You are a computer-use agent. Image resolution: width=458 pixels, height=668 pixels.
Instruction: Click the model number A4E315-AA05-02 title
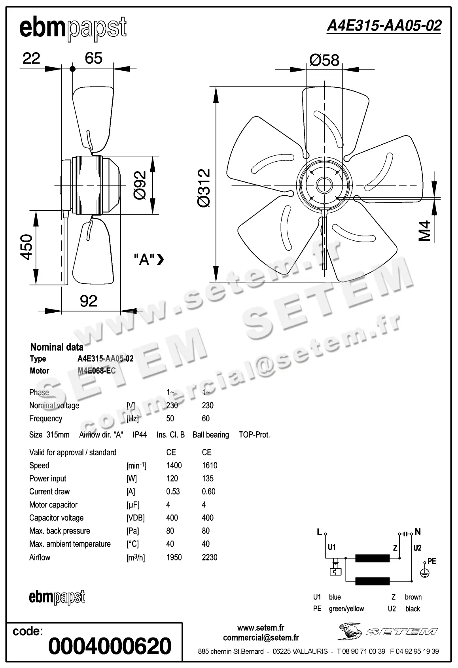(384, 26)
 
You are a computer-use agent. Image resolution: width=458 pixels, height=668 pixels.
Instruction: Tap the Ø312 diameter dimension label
(204, 188)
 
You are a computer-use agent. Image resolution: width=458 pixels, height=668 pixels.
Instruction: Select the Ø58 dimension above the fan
(324, 60)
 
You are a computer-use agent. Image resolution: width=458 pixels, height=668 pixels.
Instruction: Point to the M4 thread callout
(424, 231)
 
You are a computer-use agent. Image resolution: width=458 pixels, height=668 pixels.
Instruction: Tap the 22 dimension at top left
(31, 58)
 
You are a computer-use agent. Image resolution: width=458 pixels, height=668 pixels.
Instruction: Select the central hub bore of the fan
(324, 185)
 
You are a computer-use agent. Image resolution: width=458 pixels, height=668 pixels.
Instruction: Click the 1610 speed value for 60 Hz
(210, 465)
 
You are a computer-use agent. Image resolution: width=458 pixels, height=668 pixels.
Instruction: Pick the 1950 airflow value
(174, 557)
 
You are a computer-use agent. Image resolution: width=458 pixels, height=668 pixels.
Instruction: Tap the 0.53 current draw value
(173, 491)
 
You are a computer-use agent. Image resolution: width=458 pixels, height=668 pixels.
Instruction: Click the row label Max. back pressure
(60, 531)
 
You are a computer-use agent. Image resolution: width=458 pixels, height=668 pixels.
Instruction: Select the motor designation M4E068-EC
(97, 371)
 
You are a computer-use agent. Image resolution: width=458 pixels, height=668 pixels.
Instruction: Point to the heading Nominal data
(57, 347)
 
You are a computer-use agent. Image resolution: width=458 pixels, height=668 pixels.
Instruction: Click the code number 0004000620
(110, 646)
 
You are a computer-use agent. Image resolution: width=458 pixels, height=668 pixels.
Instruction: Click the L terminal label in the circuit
(319, 532)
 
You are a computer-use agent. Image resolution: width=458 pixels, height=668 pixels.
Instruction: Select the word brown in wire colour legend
(413, 597)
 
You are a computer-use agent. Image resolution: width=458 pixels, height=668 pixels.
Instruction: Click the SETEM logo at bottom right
(388, 631)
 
